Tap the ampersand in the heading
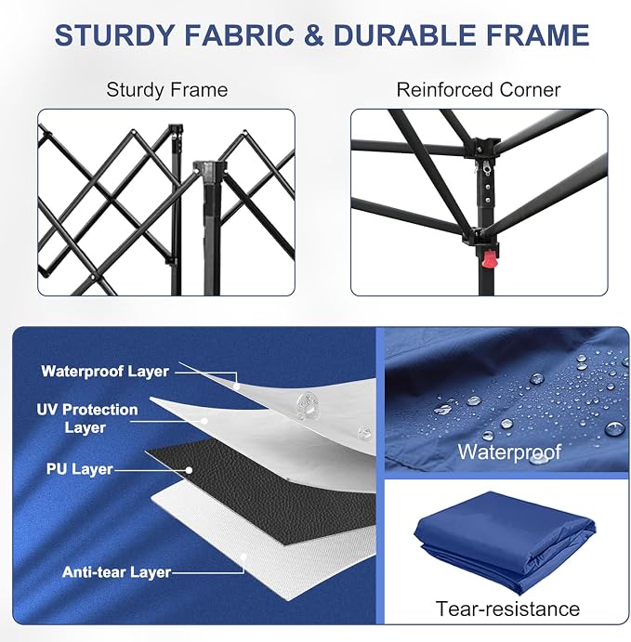click(x=314, y=34)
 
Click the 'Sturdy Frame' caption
click(x=167, y=90)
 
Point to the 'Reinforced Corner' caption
click(x=479, y=90)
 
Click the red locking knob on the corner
click(x=489, y=259)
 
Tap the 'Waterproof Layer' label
click(x=105, y=372)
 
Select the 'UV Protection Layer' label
click(x=86, y=418)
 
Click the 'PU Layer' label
click(x=79, y=469)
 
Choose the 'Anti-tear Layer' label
click(x=116, y=572)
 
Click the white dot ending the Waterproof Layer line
click(x=236, y=387)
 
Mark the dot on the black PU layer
click(x=189, y=470)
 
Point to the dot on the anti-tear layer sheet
click(x=243, y=557)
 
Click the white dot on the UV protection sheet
click(x=204, y=421)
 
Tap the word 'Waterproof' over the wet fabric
click(x=509, y=452)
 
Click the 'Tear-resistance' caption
click(x=507, y=609)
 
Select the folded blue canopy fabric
click(x=505, y=542)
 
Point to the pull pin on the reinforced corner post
click(x=485, y=169)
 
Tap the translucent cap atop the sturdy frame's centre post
click(x=209, y=170)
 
